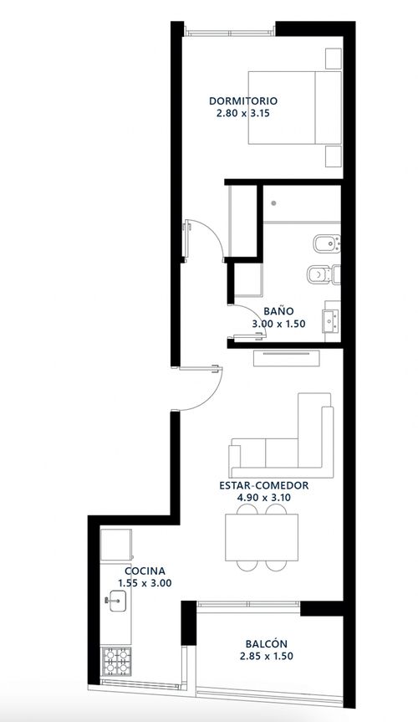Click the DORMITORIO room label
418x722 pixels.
click(243, 101)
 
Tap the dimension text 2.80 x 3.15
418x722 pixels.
click(243, 113)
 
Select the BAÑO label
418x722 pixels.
click(278, 311)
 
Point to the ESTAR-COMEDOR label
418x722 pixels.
click(264, 485)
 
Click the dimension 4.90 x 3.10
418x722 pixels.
click(264, 498)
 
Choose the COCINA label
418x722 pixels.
click(145, 571)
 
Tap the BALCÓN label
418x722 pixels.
click(267, 643)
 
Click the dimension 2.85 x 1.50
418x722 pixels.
click(267, 656)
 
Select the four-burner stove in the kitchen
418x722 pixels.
click(116, 661)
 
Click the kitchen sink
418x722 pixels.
click(116, 601)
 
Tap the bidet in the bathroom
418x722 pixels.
click(326, 244)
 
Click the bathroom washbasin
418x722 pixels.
click(330, 321)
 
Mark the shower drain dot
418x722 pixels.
click(273, 203)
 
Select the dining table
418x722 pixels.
click(262, 537)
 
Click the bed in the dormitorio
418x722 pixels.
click(295, 107)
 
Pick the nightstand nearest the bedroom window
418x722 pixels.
click(334, 58)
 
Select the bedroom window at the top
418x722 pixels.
click(229, 33)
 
